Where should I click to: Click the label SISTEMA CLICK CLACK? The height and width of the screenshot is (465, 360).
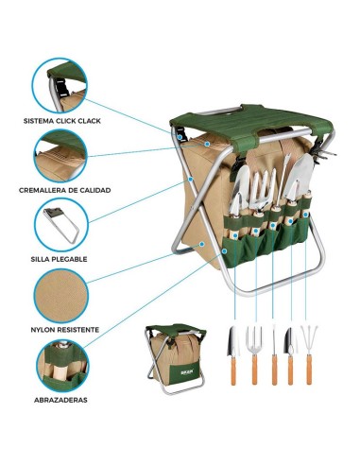pos(63,121)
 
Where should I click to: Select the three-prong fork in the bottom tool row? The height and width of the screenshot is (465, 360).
pos(253,354)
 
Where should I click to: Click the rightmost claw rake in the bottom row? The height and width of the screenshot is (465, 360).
pos(309,354)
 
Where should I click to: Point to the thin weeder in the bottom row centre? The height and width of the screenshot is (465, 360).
pos(273,354)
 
